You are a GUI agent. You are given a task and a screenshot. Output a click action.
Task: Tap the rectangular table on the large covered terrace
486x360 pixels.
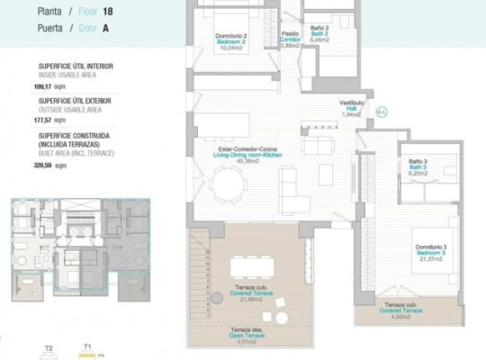pos(251,267)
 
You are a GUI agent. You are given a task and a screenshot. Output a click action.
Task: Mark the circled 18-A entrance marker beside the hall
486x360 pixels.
pos(381,112)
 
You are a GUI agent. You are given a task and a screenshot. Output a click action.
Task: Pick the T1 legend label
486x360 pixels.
pos(87,346)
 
